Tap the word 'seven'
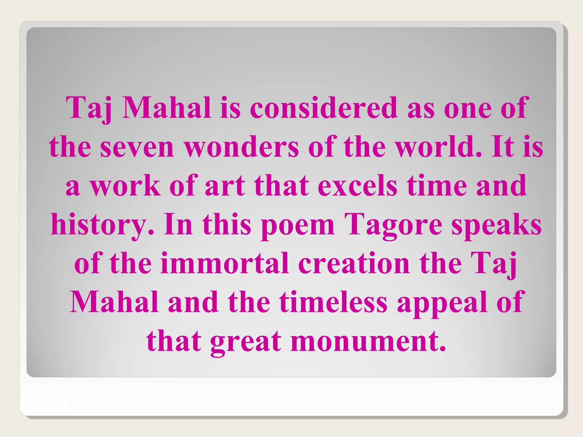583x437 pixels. pyautogui.click(x=137, y=147)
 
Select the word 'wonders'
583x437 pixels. pyautogui.click(x=242, y=147)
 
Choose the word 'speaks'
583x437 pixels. pyautogui.click(x=496, y=225)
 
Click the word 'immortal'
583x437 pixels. pyautogui.click(x=225, y=263)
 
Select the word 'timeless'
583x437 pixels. pyautogui.click(x=333, y=302)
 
